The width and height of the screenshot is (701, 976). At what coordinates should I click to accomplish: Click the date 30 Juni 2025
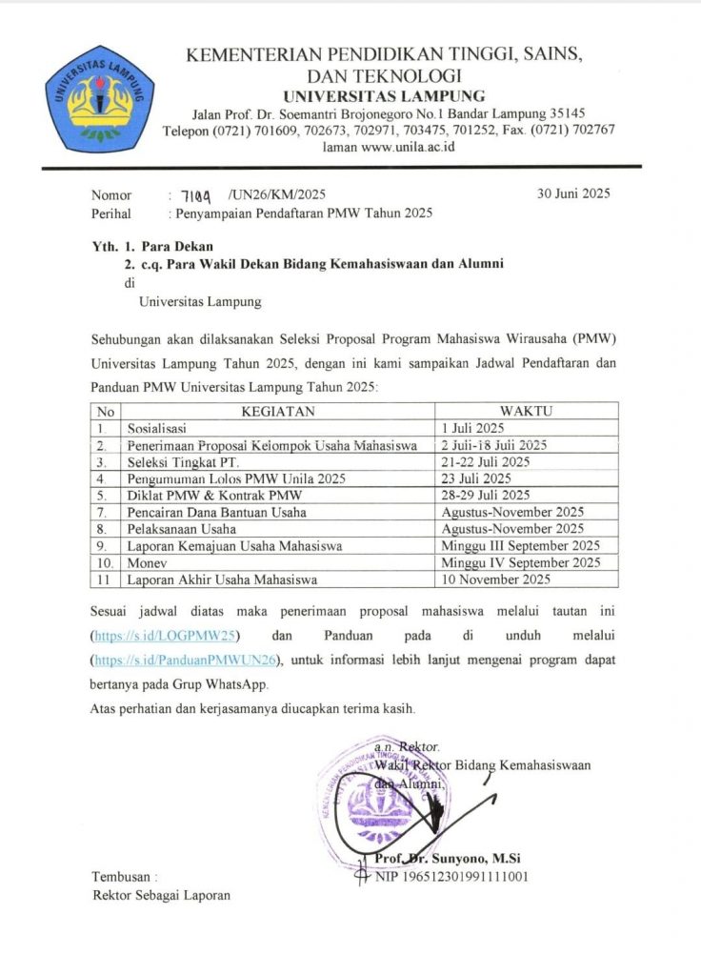coord(574,194)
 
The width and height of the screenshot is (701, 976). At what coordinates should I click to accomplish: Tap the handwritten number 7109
coord(194,194)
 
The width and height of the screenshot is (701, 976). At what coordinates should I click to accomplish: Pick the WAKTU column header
coord(527,412)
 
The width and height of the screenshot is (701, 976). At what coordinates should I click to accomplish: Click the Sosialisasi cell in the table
coord(160,429)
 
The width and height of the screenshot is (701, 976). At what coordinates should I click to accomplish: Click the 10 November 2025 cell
coord(496,579)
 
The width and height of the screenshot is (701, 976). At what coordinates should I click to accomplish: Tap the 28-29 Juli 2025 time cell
coord(486,495)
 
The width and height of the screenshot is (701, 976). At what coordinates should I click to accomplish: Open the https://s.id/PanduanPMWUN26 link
coord(189,660)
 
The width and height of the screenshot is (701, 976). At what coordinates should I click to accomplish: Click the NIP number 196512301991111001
coord(451,876)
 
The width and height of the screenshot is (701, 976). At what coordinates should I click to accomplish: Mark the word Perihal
coord(111,213)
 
